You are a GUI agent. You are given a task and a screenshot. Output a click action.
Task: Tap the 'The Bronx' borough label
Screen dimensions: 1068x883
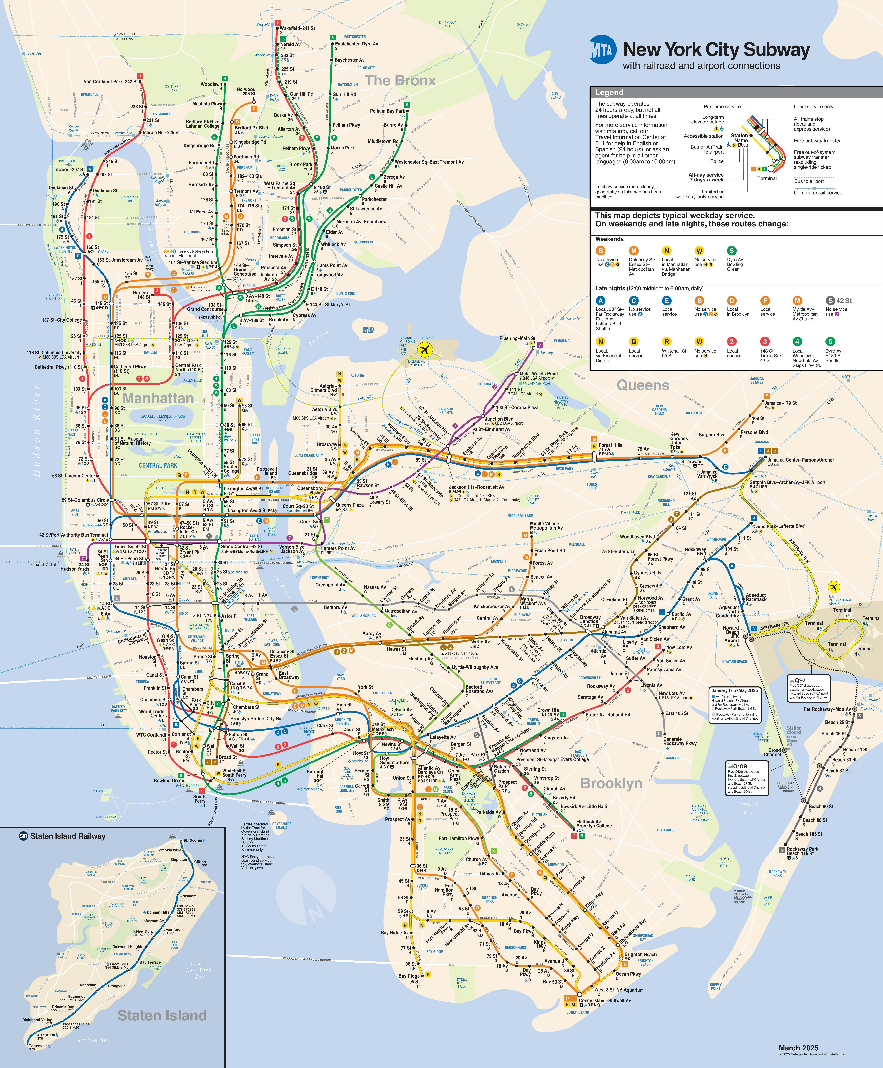[401, 80]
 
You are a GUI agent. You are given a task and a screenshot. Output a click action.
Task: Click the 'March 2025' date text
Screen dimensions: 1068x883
[799, 1048]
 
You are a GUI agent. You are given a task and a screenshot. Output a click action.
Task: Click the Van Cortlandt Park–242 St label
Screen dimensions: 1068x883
[111, 81]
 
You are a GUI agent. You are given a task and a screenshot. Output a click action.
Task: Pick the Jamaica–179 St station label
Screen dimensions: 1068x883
[780, 403]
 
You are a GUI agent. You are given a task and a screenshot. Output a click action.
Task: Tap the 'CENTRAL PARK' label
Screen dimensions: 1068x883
[158, 465]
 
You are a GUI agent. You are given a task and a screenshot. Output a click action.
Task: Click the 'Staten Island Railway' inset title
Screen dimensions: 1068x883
[68, 836]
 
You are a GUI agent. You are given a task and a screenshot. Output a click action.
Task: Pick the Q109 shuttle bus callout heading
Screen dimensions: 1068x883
[740, 766]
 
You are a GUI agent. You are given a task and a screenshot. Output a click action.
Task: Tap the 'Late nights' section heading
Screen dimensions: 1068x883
[610, 288]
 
